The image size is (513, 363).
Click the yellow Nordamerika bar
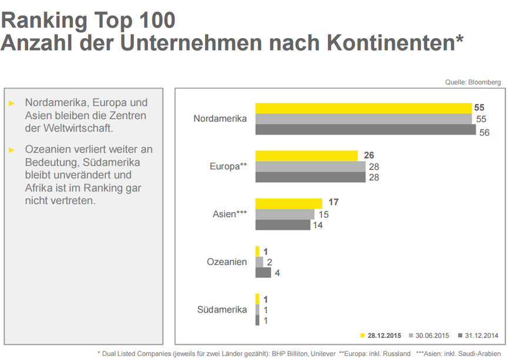pos(363,108)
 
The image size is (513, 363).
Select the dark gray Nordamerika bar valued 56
pos(366,130)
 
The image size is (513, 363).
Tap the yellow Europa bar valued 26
pos(306,156)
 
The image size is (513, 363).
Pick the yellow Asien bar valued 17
pos(289,203)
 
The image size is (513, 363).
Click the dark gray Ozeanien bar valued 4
pos(263,273)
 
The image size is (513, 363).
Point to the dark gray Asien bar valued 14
pos(283,225)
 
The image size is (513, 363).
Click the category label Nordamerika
pos(220,119)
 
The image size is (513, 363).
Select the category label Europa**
pos(229,166)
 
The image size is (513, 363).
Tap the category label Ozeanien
pos(227,261)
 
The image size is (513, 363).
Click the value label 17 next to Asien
pos(334,203)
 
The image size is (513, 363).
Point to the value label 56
pos(484,133)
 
